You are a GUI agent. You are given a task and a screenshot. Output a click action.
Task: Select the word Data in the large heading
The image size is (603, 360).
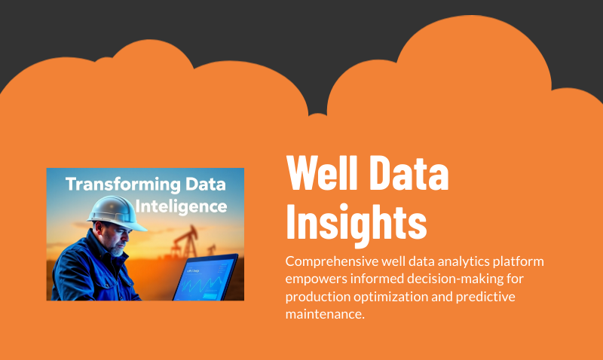411,172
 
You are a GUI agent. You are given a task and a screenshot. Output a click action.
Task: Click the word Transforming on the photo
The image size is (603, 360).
123,185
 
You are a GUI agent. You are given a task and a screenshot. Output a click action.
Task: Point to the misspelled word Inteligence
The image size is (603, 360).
181,206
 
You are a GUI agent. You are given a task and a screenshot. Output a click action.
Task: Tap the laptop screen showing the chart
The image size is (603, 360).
205,279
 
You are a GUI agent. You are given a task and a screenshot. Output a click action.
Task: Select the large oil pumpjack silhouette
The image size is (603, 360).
185,241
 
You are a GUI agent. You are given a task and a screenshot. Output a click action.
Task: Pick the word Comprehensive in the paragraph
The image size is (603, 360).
332,261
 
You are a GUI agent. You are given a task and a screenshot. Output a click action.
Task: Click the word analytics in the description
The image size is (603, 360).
464,261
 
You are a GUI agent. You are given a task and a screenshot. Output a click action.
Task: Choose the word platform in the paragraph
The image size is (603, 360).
518,261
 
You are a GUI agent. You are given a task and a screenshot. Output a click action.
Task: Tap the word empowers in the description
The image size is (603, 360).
316,279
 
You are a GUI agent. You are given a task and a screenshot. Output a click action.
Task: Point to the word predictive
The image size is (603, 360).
485,297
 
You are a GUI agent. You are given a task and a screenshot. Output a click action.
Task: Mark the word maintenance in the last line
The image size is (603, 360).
323,314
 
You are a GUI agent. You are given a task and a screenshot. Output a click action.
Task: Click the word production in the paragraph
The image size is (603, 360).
317,297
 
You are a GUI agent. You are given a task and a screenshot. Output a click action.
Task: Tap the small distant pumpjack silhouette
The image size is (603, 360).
211,250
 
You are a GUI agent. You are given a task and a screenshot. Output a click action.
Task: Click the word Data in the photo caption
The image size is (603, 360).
205,185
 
